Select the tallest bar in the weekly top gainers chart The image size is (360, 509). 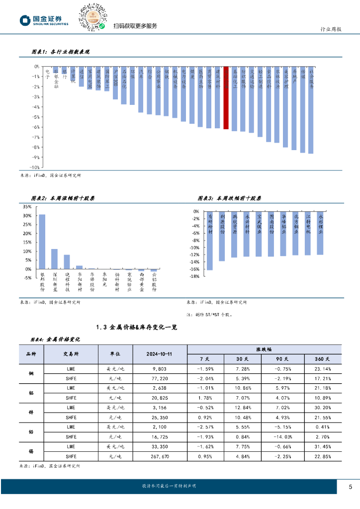coord(42,242)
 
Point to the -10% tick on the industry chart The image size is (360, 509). coord(36,168)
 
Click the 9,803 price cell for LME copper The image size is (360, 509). coord(159,369)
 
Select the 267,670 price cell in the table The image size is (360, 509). coord(159,456)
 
